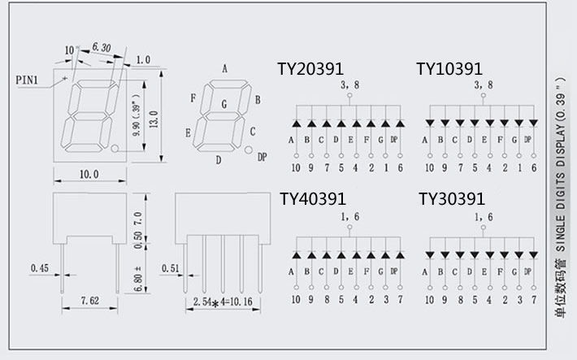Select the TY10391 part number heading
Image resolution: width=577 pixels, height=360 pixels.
point(449,69)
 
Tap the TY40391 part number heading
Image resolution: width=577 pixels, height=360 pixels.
point(313,199)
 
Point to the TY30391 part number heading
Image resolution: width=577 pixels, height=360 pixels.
point(452,199)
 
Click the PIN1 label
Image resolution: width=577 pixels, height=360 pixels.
point(29,80)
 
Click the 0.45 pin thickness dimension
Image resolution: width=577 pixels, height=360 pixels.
point(40,267)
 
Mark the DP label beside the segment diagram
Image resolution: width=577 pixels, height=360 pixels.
point(261,156)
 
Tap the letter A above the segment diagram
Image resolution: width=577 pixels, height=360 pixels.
point(224,68)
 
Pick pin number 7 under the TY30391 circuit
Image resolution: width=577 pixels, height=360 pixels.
point(534,298)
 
